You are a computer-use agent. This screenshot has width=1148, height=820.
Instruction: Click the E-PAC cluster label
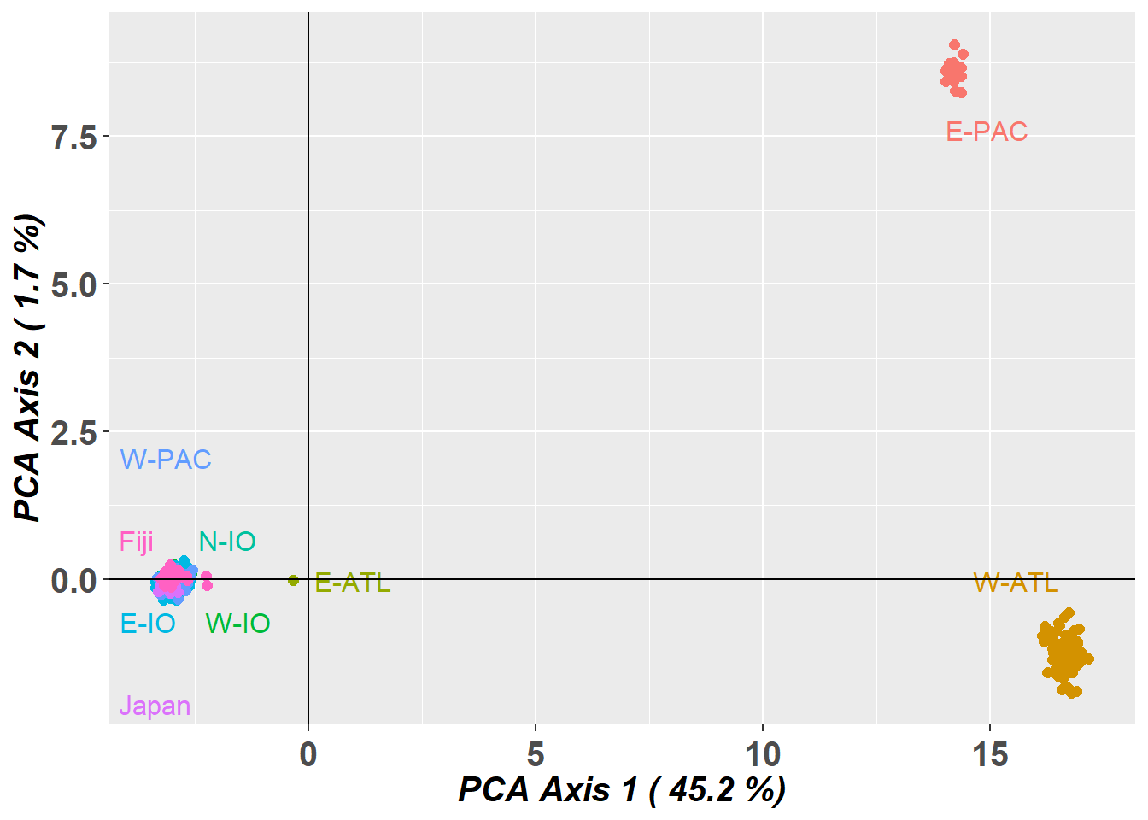coord(987,132)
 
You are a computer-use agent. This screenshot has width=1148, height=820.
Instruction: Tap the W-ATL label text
coord(1016,583)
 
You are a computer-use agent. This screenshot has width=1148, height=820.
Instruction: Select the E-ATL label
coord(353,583)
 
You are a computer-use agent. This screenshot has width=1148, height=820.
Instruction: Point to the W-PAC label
coord(166,460)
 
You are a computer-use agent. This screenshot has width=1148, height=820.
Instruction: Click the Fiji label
coord(137,542)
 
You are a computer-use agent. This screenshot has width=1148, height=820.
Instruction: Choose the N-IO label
coord(227,542)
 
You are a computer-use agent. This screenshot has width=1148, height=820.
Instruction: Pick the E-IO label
coord(148,624)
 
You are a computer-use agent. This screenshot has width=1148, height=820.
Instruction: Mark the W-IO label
coord(238,624)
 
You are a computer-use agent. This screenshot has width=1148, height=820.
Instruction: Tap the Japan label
coord(155,706)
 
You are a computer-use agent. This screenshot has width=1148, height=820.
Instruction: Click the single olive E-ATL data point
coord(293,580)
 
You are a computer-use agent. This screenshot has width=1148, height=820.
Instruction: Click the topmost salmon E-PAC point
coord(954,45)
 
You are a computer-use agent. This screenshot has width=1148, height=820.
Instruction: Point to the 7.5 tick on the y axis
coord(74,137)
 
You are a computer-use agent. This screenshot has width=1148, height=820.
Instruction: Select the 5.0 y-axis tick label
coord(74,284)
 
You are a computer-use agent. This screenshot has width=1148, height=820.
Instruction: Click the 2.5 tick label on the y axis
coord(74,433)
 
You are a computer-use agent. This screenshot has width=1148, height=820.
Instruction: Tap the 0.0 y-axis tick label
coord(74,581)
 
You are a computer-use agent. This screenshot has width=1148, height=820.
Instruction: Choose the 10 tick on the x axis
coord(763,754)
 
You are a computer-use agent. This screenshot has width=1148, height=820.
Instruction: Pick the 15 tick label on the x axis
coord(990,754)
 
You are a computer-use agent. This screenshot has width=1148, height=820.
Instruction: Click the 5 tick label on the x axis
coord(536,754)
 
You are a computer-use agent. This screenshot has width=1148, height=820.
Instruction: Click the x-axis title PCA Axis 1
coord(622,789)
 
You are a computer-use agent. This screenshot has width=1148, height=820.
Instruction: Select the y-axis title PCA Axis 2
coord(29,367)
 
